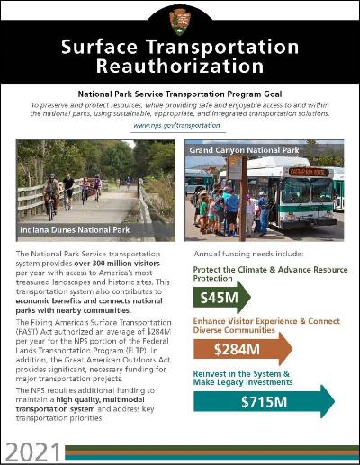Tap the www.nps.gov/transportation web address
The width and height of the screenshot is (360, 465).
179,126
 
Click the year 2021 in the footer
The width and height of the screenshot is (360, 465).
32,450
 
